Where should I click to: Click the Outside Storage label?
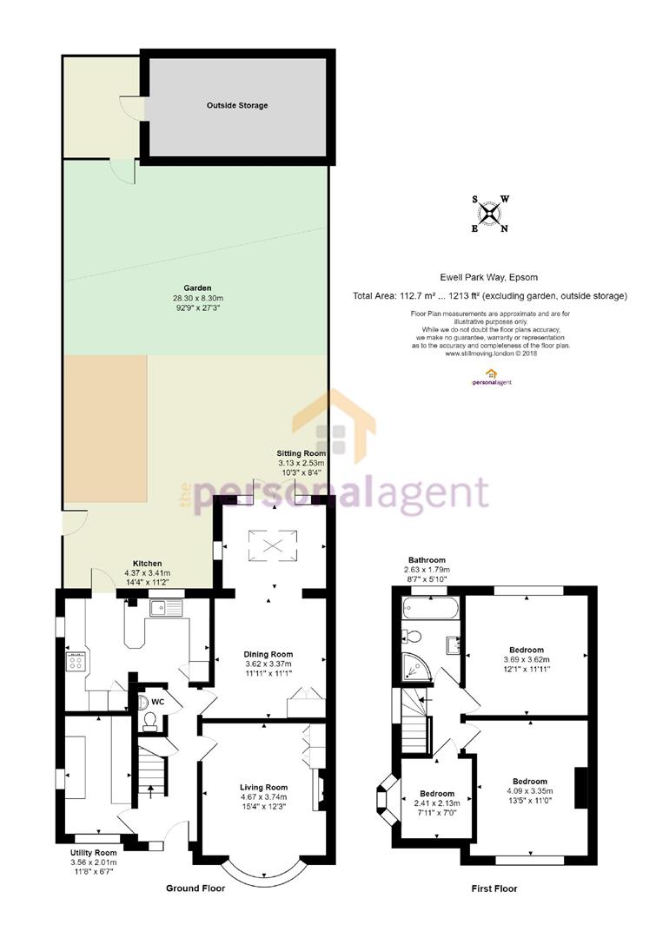click(237, 105)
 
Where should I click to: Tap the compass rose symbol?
click(491, 214)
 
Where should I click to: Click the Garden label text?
click(197, 287)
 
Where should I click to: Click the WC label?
click(158, 701)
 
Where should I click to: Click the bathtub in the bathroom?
click(430, 608)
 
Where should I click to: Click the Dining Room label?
click(268, 655)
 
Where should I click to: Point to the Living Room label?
click(263, 787)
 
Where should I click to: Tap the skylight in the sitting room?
click(273, 545)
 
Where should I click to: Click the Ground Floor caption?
click(195, 888)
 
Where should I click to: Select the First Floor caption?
click(494, 889)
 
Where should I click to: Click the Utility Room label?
click(93, 853)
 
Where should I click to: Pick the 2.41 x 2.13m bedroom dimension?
click(437, 803)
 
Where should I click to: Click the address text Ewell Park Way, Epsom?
click(489, 277)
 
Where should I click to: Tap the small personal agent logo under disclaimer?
click(490, 378)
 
